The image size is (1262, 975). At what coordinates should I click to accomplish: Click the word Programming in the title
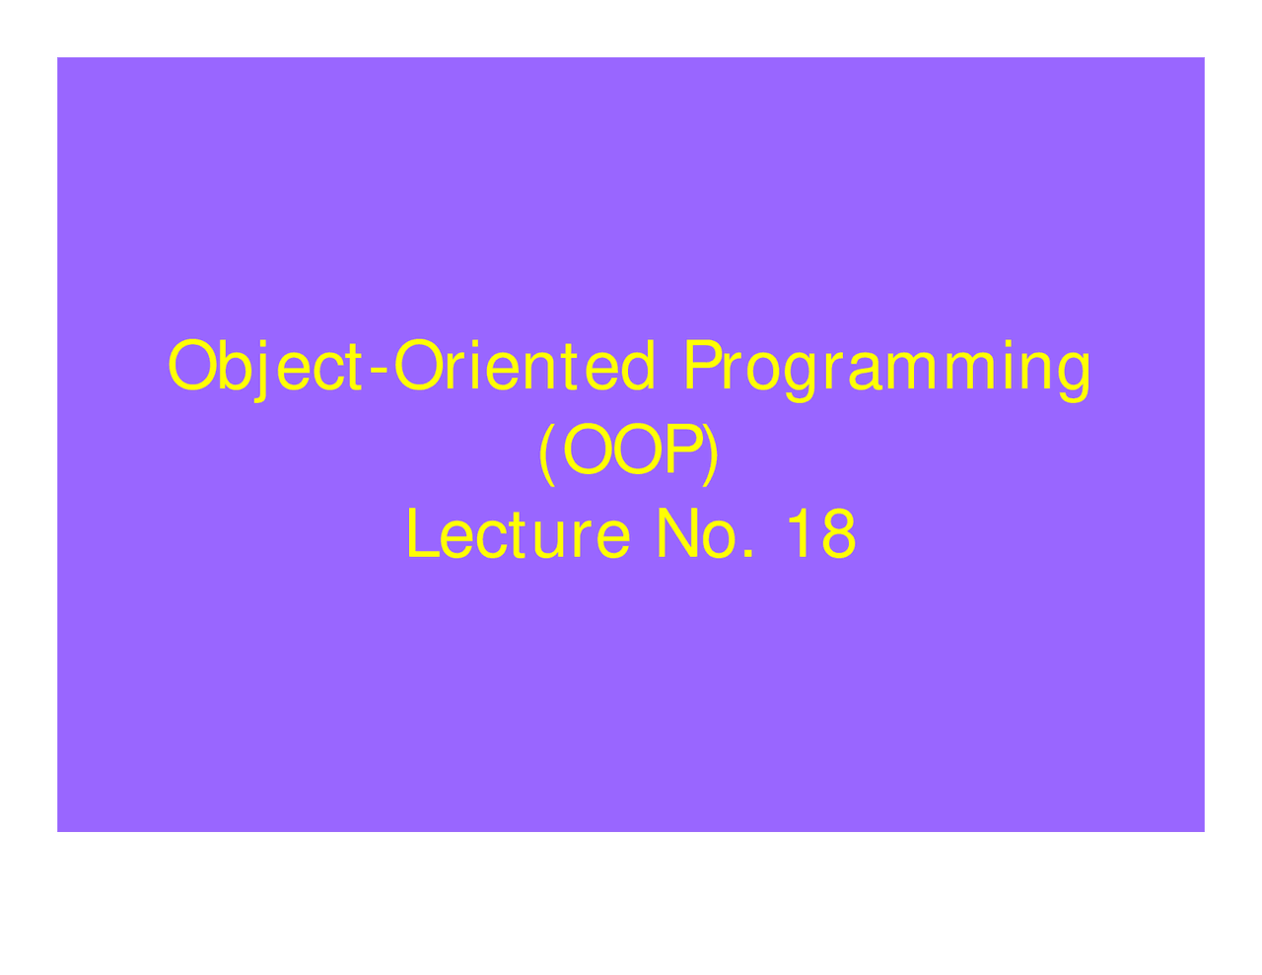point(886,367)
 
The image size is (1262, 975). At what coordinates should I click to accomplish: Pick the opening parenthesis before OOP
point(547,453)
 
